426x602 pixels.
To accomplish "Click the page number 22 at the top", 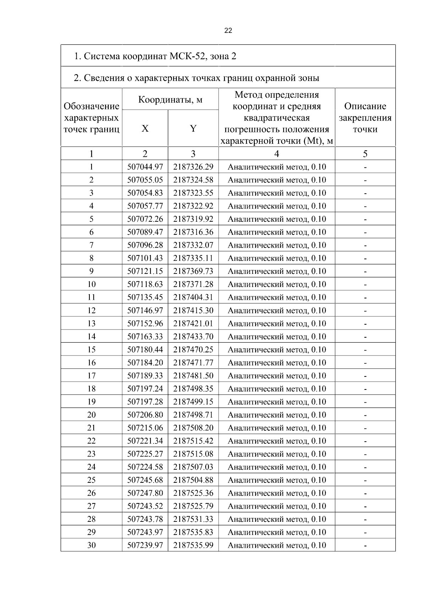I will (228, 31).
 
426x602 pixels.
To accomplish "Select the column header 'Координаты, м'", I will (170, 100).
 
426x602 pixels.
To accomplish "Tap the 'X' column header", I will (145, 129).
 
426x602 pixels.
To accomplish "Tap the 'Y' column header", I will (193, 129).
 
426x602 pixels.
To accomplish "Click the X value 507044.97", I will (145, 167).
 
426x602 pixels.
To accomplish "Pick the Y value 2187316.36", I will (193, 232).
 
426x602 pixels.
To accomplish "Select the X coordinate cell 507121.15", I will (145, 271).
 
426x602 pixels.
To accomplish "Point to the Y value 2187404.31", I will (193, 298).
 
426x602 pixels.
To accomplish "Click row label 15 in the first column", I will (91, 350).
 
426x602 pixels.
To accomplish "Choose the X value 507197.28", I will (145, 402).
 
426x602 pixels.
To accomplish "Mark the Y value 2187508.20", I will (193, 428).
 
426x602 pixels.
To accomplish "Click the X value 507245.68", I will (145, 480).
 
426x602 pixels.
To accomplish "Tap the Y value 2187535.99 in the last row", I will (193, 546).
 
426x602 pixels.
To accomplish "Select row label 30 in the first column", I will (91, 546).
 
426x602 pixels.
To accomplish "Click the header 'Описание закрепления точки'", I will (365, 118).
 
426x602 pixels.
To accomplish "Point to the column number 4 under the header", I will (277, 154).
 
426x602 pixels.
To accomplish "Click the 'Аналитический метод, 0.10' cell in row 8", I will (277, 258).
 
